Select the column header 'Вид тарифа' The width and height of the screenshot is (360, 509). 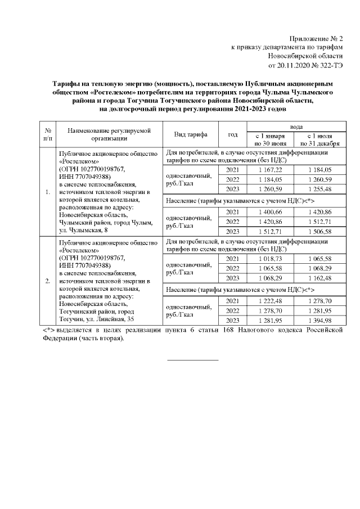click(191, 135)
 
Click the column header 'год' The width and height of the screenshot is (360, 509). click(232, 135)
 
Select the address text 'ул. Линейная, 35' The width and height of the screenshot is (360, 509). click(107, 319)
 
